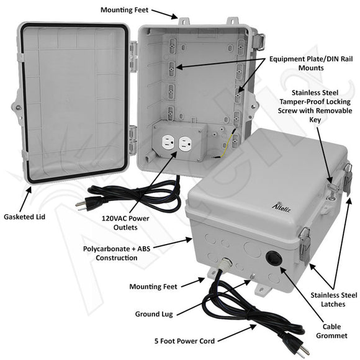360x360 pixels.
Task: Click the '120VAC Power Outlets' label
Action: [125, 223]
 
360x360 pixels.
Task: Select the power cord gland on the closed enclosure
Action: [220, 266]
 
